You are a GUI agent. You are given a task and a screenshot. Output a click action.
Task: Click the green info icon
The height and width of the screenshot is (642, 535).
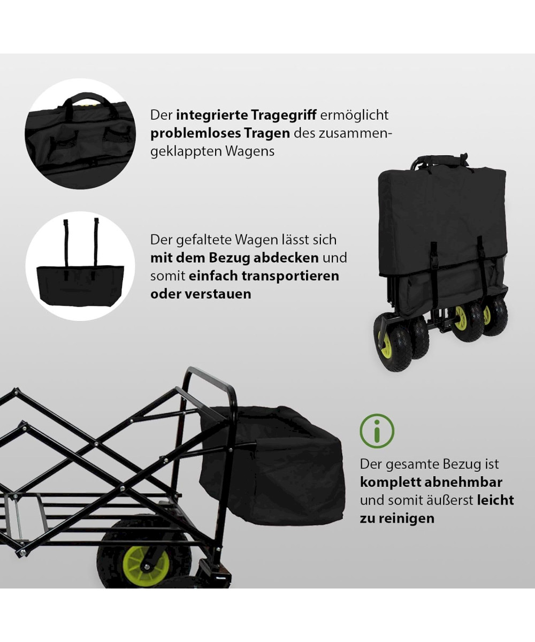[377, 431]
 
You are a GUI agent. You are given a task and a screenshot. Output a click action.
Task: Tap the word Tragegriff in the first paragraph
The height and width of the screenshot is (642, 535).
[284, 116]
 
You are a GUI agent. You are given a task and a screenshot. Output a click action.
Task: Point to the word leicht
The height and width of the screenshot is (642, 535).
[495, 500]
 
